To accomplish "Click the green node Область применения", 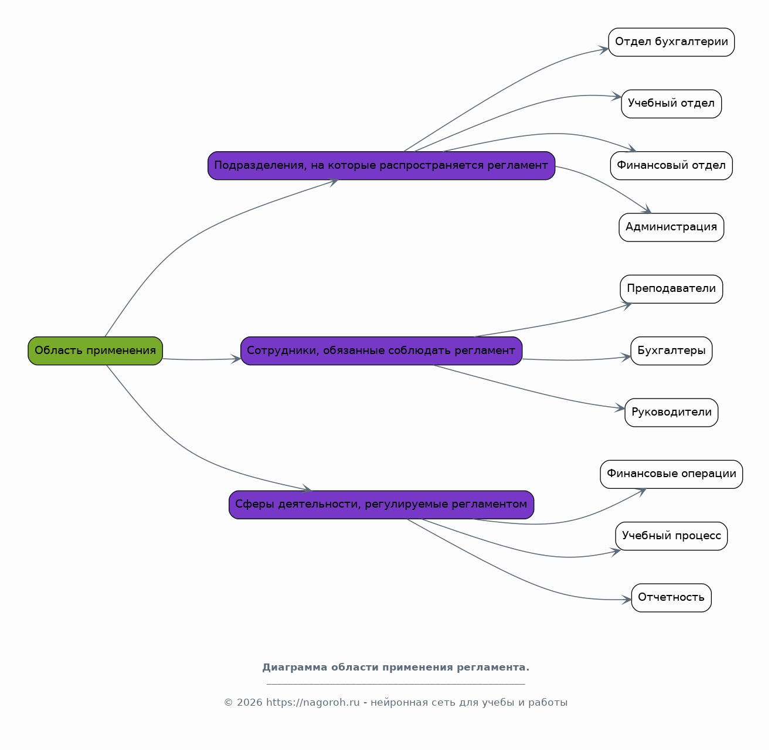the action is [95, 351].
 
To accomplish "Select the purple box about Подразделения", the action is [382, 165].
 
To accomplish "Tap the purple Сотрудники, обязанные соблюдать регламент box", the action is [382, 351].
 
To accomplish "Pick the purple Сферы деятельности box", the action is [382, 505].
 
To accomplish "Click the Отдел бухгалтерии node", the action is [671, 42].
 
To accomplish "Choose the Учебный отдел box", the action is [671, 104].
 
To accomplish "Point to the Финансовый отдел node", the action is [671, 165].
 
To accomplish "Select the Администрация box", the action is [671, 227].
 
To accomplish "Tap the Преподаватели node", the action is [671, 289].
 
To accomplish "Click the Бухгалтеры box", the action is [671, 351].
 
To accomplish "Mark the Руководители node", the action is [671, 413].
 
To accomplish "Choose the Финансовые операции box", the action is [671, 474].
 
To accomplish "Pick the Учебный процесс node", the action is [671, 536].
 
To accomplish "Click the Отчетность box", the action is [671, 598].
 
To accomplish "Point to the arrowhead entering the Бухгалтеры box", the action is [626, 358].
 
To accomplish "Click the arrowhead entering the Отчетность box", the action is [627, 600].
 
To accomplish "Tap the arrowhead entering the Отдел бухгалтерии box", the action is [604, 50].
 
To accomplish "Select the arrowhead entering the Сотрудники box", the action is [236, 359].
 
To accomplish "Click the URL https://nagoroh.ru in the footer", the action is [313, 703].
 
